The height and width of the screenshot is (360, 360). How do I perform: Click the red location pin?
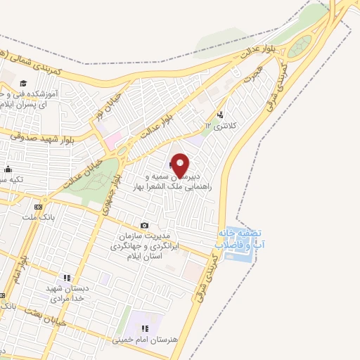(181, 165)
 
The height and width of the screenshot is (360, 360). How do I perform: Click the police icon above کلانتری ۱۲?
(221, 115)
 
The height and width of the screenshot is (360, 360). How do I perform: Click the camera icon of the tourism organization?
(145, 226)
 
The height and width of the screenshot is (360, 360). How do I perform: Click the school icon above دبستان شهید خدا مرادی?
(67, 278)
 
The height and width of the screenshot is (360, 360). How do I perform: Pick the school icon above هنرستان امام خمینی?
(144, 328)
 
